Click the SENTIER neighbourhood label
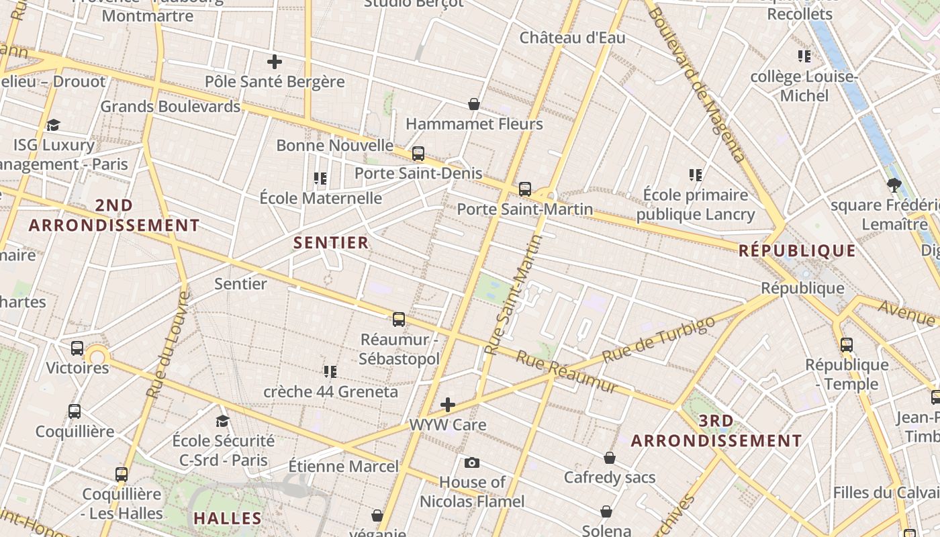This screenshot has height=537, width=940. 331,243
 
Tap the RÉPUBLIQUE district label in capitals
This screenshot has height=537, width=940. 797,251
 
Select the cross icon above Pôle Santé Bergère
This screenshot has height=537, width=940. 274,62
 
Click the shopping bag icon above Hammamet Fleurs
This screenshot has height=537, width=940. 474,104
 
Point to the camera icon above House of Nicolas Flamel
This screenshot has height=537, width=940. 472,462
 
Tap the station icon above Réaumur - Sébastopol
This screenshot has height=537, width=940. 399,320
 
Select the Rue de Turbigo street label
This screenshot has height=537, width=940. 659,340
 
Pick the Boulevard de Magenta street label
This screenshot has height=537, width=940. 698,84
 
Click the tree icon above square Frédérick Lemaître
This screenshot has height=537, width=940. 894,185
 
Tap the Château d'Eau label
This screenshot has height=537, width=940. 572,38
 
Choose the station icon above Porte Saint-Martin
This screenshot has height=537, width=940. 525,189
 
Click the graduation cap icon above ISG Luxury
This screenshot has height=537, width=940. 53,125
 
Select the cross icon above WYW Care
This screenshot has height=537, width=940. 448,405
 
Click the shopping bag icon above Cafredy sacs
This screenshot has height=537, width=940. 610,458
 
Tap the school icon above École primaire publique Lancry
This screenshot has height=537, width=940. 696,175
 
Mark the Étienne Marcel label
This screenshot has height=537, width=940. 343,466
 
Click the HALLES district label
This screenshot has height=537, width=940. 228,518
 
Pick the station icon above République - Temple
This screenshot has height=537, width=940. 847,345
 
